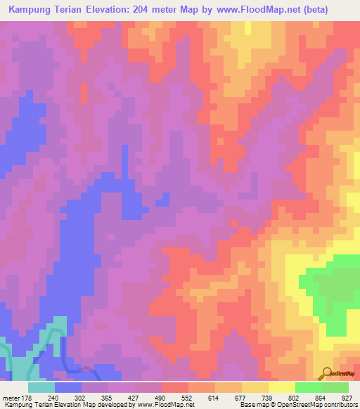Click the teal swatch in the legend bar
click(x=41, y=387)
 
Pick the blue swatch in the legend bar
click(x=68, y=387)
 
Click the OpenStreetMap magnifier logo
click(x=327, y=373)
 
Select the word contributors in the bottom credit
click(x=340, y=405)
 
